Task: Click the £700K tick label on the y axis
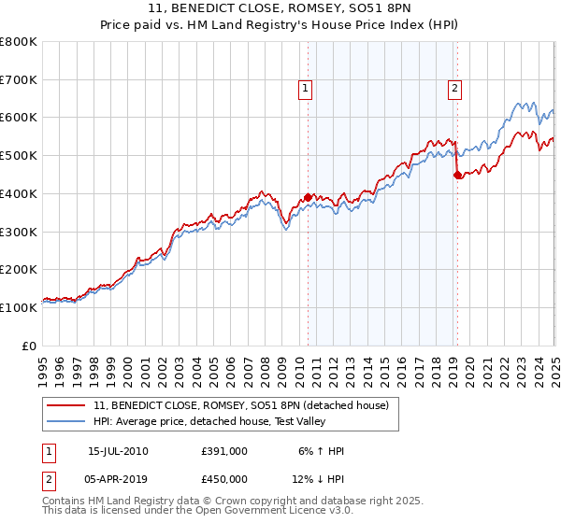pos(19,80)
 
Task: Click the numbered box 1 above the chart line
pos(305,90)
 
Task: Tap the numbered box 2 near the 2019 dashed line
pos(454,90)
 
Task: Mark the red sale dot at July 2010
pos(308,197)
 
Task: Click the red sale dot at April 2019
pos(457,176)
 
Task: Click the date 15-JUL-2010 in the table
pos(118,451)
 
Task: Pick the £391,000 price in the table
pos(224,451)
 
